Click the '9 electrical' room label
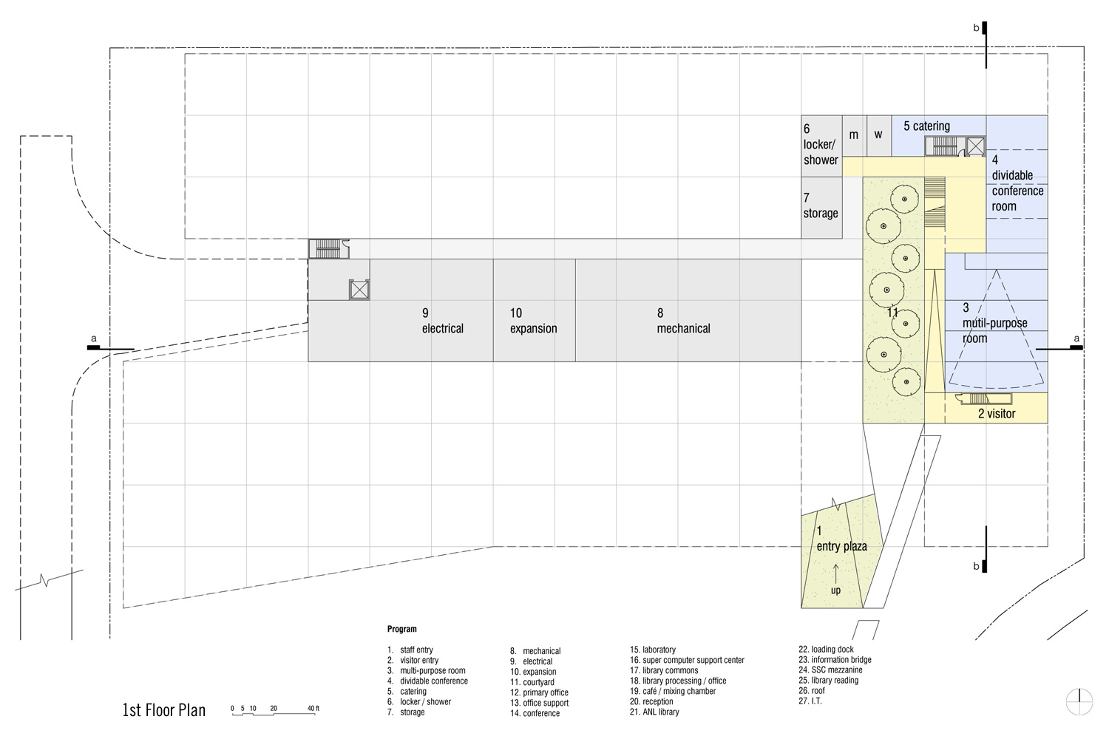[x=443, y=321]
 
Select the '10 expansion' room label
[x=533, y=321]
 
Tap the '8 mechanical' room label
[x=683, y=321]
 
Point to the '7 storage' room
[x=822, y=208]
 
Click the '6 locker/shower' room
[x=822, y=146]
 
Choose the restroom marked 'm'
[x=855, y=136]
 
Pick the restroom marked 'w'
[x=879, y=136]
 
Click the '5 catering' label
[x=927, y=126]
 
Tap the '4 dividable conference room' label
[x=1017, y=183]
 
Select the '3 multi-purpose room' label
[x=994, y=323]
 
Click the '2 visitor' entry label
[x=997, y=413]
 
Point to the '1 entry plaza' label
[x=841, y=539]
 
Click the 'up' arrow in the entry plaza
[x=835, y=574]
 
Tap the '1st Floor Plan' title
[x=164, y=710]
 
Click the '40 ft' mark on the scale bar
[x=313, y=708]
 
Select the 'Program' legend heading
[x=402, y=629]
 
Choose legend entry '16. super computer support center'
[x=687, y=660]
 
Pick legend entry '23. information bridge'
[x=835, y=659]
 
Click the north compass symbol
[x=1079, y=702]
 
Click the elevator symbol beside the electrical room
[x=359, y=290]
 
